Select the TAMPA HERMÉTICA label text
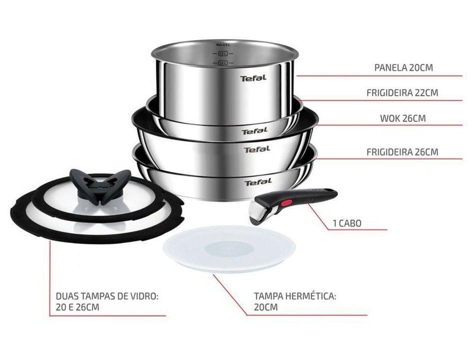pos(295,295)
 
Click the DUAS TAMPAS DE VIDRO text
pos(107,296)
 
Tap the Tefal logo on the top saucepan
pos(253,78)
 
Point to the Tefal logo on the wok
pos(257,149)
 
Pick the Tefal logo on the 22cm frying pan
pos(255,131)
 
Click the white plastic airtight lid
pos(229,248)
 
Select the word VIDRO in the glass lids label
pos(145,296)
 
